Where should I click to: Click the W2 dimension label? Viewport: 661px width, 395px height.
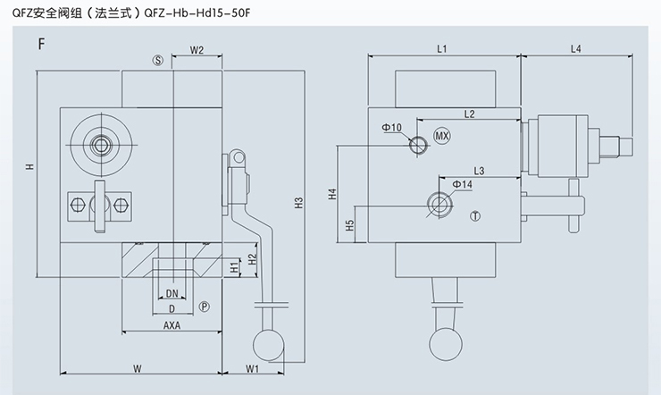tap(198, 51)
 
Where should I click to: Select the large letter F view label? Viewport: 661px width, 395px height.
tap(42, 43)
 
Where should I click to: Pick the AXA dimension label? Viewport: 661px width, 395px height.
tap(172, 325)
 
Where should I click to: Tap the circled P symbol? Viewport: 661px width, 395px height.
tap(204, 307)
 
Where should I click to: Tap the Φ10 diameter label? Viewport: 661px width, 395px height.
tap(391, 128)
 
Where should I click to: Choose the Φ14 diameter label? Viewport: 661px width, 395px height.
tap(462, 184)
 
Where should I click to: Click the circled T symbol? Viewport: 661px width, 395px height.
tap(475, 215)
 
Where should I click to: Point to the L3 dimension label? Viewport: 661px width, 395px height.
tap(479, 170)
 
